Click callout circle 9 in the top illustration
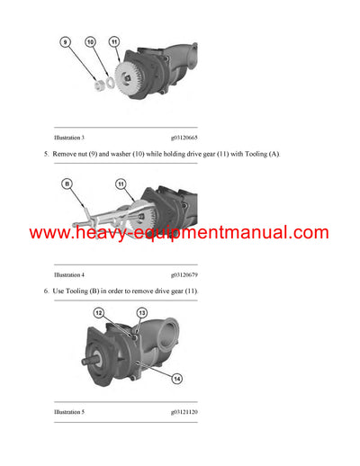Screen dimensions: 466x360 pyautogui.click(x=66, y=42)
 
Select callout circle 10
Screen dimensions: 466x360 pyautogui.click(x=90, y=42)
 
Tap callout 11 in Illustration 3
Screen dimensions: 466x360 pyautogui.click(x=113, y=42)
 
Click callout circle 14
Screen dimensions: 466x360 pyautogui.click(x=177, y=379)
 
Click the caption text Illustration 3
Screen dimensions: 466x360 pyautogui.click(x=69, y=138)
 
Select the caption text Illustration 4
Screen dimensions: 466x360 pyautogui.click(x=69, y=273)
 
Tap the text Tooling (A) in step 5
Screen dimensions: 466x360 pyautogui.click(x=261, y=155)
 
